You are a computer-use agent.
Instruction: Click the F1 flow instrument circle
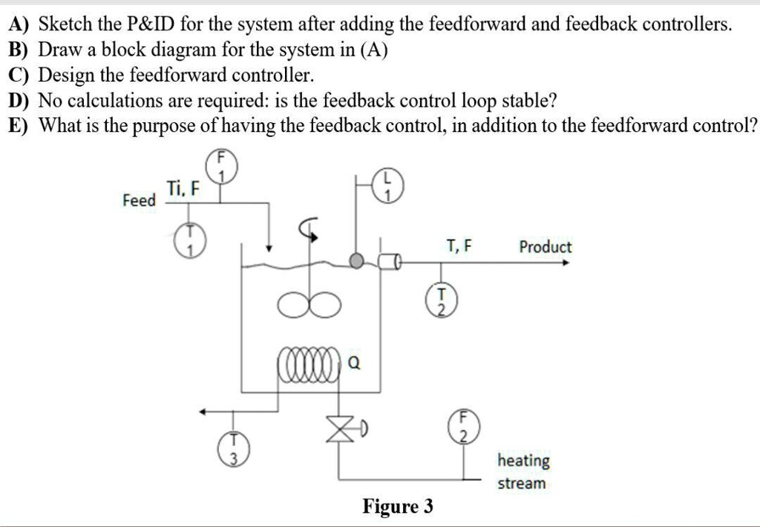(x=220, y=166)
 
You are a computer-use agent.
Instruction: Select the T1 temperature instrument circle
(x=188, y=241)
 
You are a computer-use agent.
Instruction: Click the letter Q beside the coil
(x=354, y=363)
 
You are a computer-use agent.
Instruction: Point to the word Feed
(x=139, y=200)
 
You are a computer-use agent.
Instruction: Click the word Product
(x=545, y=247)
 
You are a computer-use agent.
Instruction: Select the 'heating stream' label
(x=523, y=471)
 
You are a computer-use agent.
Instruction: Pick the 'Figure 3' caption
(x=398, y=507)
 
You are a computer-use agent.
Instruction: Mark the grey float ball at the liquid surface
(x=358, y=260)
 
